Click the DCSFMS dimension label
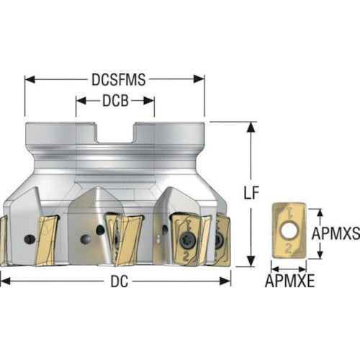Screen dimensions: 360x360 [119, 79]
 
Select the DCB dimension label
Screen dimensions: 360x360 [115, 101]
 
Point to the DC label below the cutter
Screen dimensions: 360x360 [119, 282]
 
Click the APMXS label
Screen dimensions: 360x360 [336, 233]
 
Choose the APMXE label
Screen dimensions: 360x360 [289, 281]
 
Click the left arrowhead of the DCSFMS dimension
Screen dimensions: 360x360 [30, 79]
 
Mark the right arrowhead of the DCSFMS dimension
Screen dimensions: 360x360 [199, 79]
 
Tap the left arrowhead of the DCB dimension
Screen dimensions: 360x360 [81, 101]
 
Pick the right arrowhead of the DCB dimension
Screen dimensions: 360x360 [149, 101]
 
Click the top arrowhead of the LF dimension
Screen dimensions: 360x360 [251, 127]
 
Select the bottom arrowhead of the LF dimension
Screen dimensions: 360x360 [251, 261]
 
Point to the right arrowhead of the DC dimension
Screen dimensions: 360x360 [225, 281]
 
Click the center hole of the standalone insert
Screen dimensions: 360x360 [289, 232]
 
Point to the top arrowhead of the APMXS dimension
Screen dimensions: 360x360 [320, 213]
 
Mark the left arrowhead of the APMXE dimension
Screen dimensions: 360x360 [275, 269]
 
